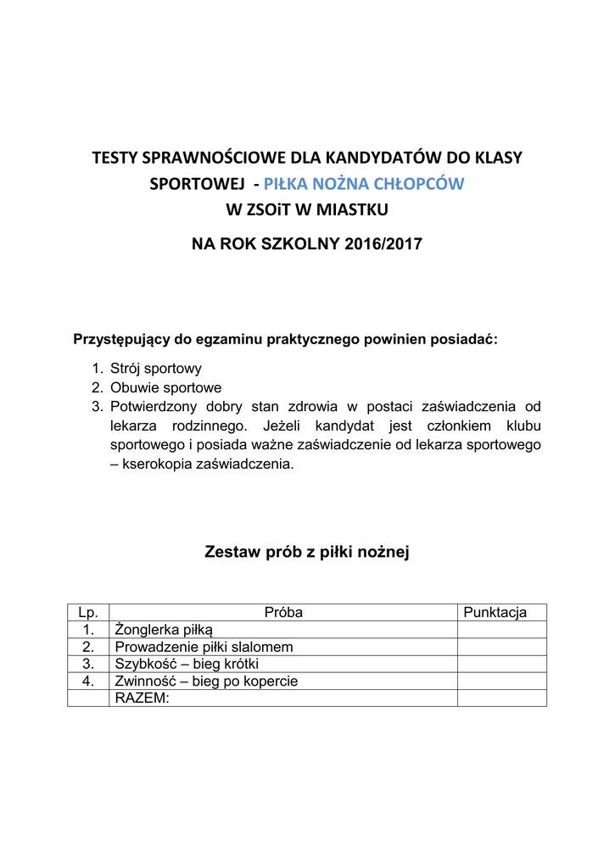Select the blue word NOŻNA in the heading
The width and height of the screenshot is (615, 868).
click(339, 183)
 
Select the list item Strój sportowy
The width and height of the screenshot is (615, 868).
click(155, 370)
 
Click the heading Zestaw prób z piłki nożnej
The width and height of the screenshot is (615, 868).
click(307, 553)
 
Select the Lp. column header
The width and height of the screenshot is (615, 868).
click(88, 613)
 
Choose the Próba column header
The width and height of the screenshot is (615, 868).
click(283, 613)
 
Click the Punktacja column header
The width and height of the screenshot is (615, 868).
click(495, 613)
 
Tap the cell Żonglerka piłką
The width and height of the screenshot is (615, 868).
click(165, 630)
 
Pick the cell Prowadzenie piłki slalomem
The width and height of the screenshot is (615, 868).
click(204, 647)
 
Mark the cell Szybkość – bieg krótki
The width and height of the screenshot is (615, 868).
click(187, 664)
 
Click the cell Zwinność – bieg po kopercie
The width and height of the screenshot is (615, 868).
click(206, 681)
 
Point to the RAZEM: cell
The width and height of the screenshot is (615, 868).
click(142, 698)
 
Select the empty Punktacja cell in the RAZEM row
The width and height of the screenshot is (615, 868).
click(501, 698)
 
